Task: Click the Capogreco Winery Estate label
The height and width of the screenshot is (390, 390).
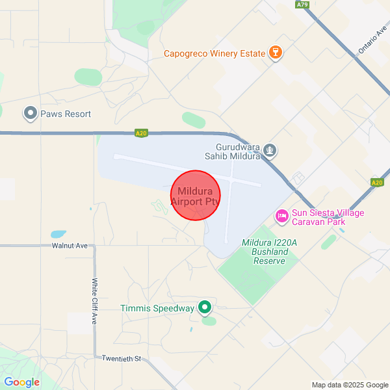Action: [214, 53]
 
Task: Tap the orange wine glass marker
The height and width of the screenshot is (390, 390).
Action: [275, 53]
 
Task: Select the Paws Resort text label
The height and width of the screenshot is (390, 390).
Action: [66, 114]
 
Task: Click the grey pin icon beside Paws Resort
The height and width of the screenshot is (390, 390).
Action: [30, 114]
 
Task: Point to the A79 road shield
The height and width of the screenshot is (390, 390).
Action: [302, 5]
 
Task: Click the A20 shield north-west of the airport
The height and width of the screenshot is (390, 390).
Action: [141, 133]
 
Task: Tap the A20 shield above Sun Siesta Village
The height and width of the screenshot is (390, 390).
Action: [377, 183]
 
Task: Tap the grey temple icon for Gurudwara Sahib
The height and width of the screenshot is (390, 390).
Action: [270, 151]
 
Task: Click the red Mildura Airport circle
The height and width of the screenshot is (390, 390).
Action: [196, 196]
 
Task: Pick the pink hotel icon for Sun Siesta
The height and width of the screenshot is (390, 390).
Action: [281, 215]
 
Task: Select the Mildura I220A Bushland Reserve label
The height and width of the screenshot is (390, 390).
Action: [268, 252]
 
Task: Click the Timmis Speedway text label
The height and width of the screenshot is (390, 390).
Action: [158, 308]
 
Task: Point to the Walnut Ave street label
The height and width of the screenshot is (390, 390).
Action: [70, 246]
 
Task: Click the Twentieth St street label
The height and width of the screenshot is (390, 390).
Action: [121, 358]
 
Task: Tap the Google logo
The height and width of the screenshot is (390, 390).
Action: [21, 382]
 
